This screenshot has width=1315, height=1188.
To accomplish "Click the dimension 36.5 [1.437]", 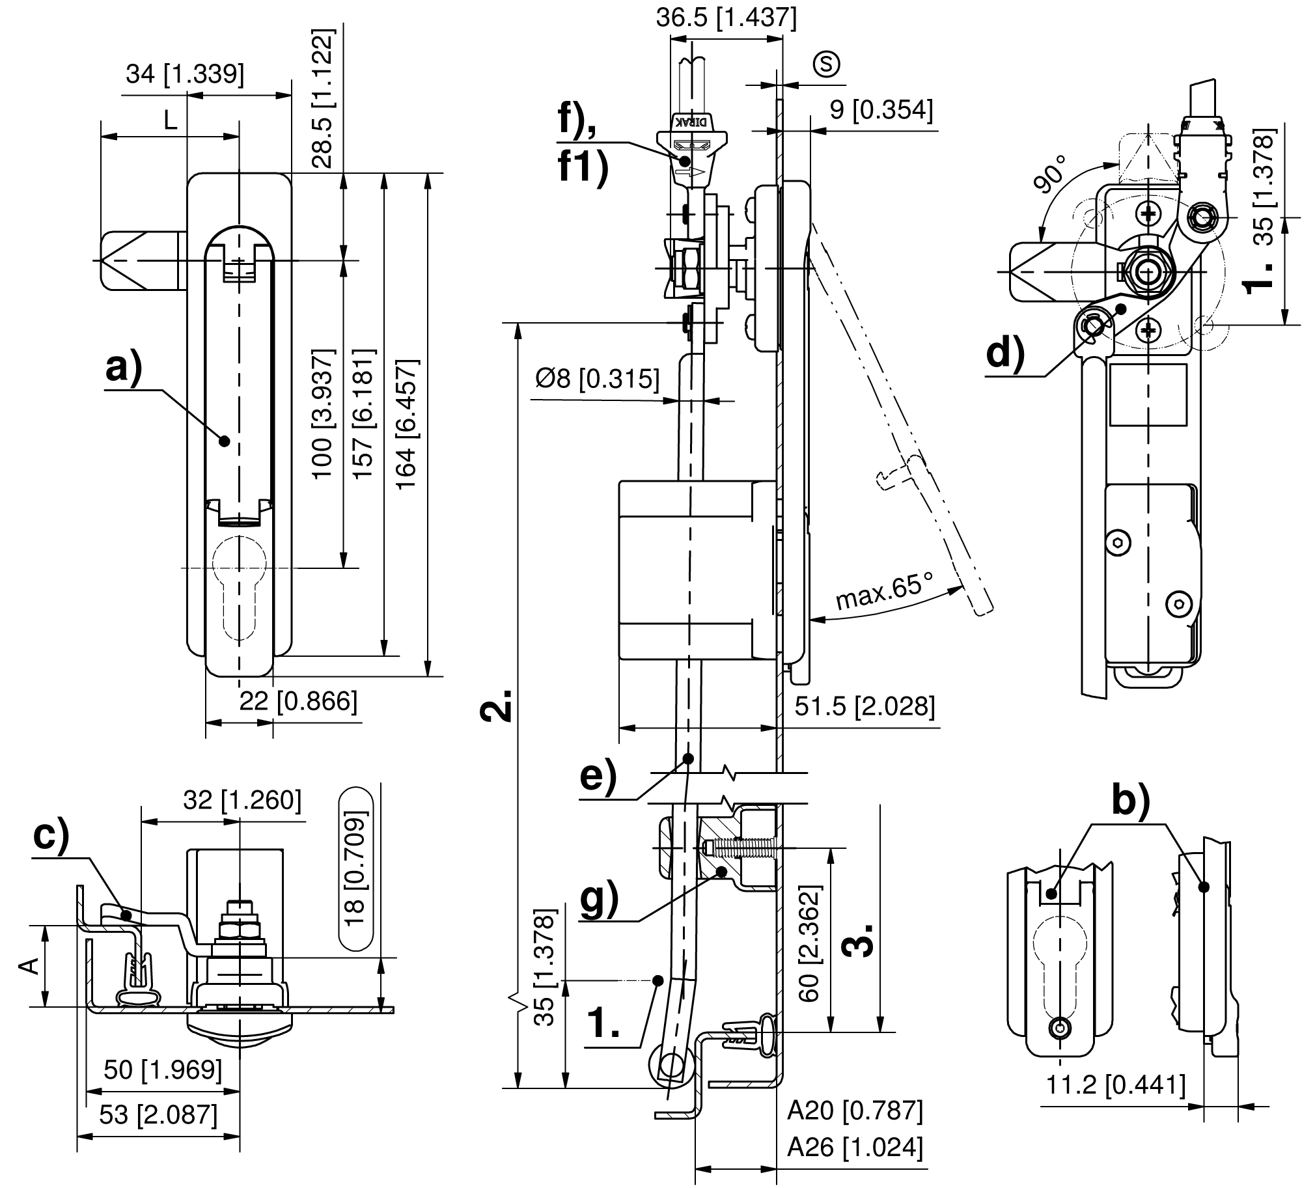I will [726, 18].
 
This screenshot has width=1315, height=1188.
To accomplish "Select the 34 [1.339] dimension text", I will [185, 74].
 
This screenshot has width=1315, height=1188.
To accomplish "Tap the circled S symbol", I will [827, 64].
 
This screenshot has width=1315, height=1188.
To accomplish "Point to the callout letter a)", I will [124, 368].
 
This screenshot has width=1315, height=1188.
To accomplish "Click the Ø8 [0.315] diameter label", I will [598, 378].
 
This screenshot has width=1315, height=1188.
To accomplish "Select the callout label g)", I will [600, 900].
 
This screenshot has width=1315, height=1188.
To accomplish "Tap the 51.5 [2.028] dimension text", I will [865, 706].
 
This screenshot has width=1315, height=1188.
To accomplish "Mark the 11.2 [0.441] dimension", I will [1115, 1085].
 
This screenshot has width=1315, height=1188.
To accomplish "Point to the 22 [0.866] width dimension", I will [298, 700].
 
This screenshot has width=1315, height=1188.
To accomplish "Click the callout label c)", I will [51, 836].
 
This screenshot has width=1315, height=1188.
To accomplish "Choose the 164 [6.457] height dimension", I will [406, 424].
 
